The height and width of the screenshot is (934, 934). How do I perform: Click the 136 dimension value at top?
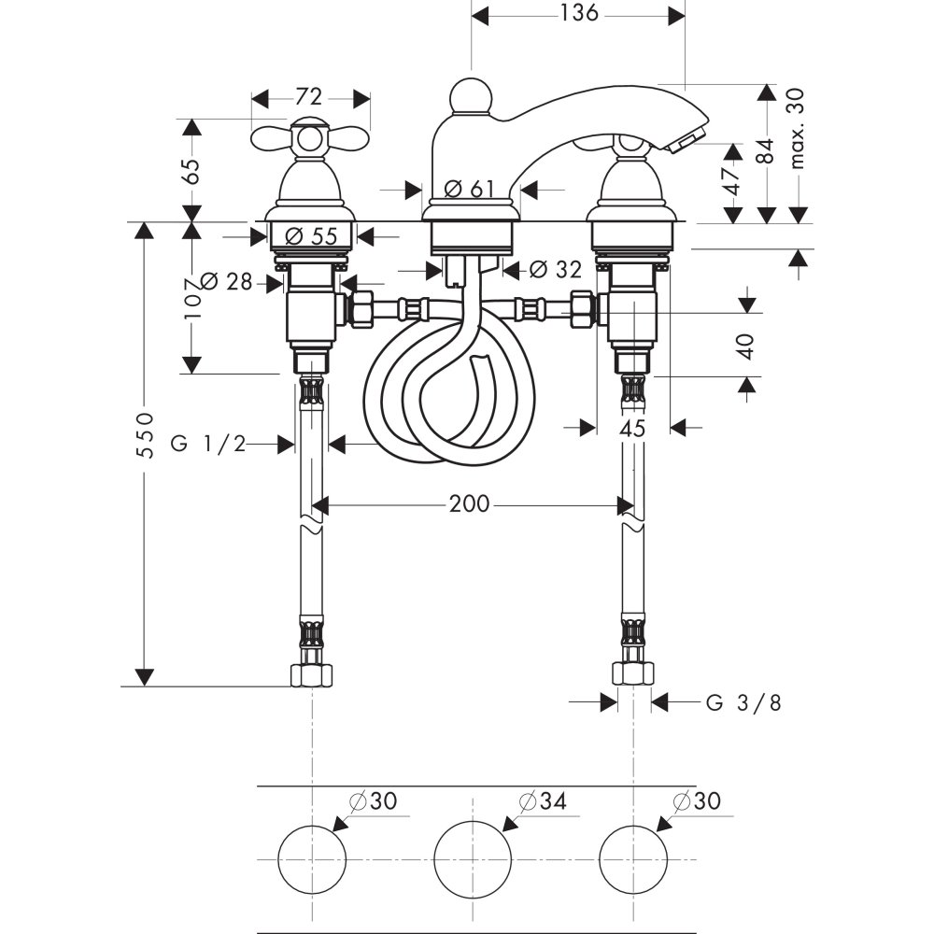click(578, 14)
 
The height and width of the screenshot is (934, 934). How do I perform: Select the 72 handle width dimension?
click(309, 97)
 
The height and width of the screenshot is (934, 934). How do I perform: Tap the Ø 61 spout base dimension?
click(469, 190)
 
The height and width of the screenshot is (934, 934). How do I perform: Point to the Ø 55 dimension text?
click(310, 236)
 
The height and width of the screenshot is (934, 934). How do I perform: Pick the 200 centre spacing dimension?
click(469, 504)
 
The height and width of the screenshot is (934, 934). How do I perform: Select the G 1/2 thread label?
click(208, 445)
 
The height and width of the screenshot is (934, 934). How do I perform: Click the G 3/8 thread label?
click(743, 703)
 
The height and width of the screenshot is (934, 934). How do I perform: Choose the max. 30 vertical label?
click(797, 128)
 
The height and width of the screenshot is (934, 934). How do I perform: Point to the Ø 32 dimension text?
click(555, 270)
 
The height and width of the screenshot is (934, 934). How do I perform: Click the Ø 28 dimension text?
click(227, 281)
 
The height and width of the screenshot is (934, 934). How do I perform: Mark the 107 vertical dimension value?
click(193, 300)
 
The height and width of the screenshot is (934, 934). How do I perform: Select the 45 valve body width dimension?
click(633, 429)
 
